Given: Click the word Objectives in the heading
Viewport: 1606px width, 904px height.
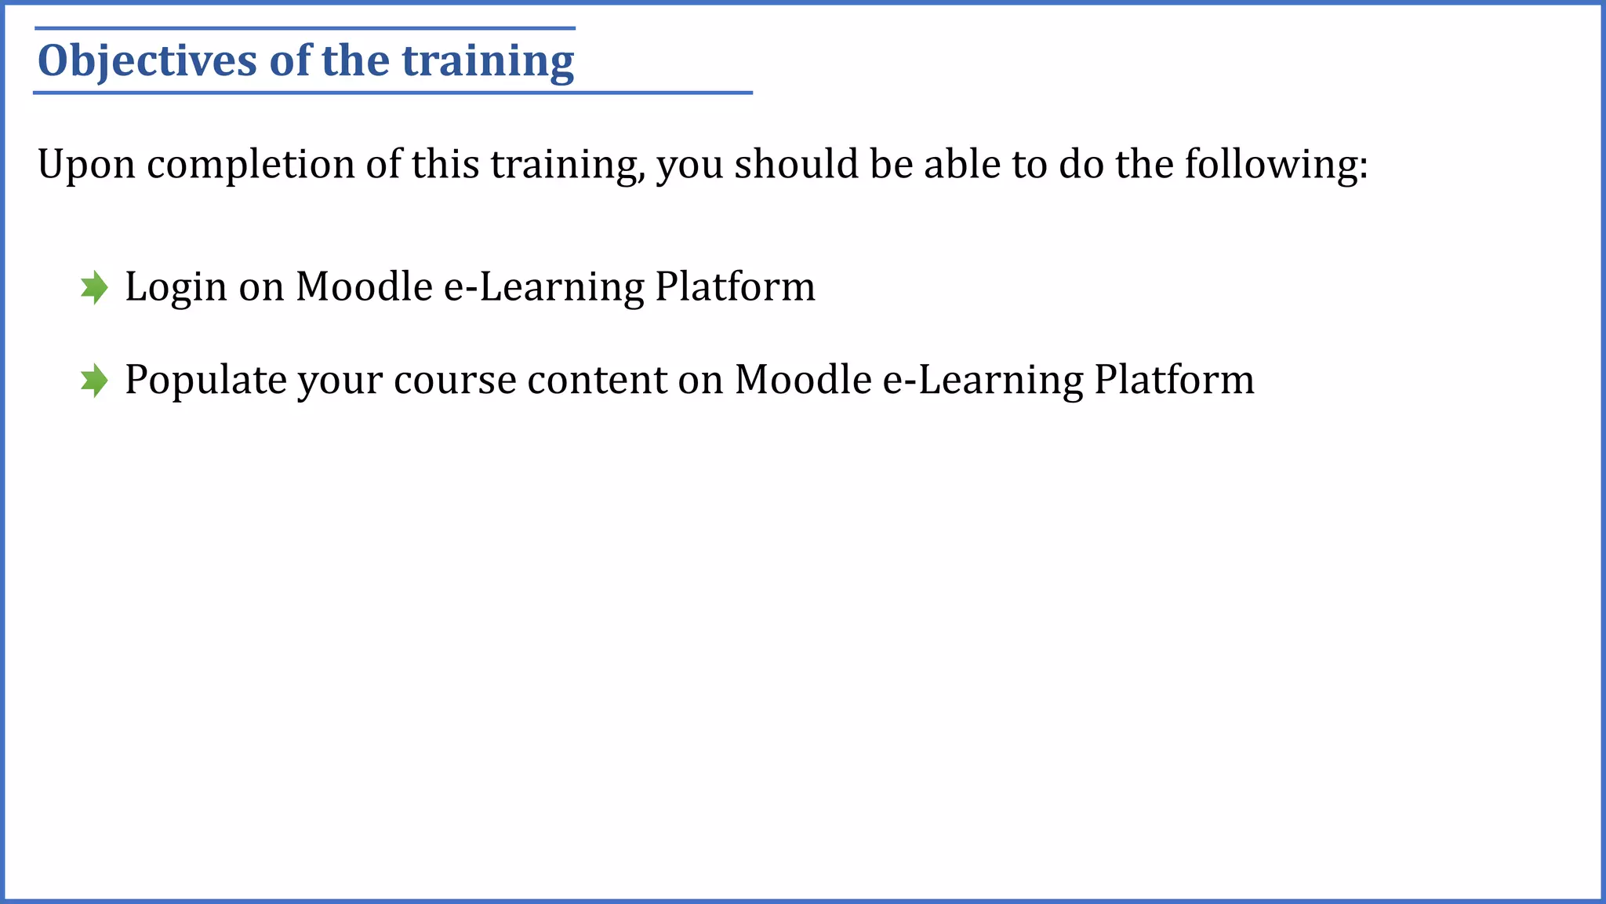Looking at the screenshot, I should coord(147,61).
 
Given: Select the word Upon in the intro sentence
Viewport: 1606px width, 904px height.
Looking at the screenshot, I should coord(86,165).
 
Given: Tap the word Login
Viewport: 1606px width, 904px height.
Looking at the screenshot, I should coord(176,287).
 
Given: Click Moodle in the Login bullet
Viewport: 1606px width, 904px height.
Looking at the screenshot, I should coord(364,286).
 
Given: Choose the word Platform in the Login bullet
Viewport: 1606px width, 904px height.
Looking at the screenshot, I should coord(736,286).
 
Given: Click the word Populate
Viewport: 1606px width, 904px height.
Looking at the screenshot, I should coord(205,381).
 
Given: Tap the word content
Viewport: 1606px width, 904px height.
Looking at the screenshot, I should coord(596,381).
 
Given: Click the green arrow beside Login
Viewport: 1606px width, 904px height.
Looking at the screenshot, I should coord(94,287).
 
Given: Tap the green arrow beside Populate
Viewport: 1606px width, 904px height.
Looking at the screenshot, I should coord(94,381).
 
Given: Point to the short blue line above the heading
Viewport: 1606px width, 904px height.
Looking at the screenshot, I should coord(305,28).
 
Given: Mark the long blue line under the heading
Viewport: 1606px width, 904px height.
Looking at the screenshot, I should coord(392,93).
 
